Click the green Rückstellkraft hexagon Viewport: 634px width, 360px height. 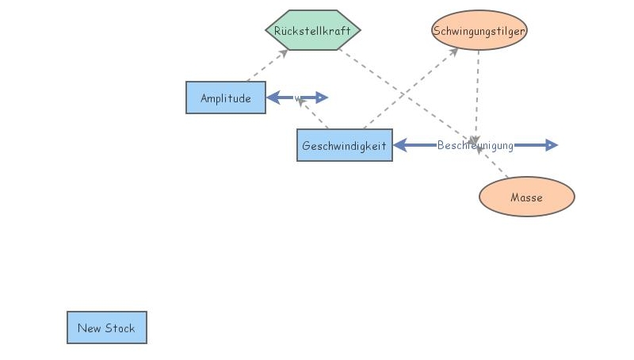click(313, 30)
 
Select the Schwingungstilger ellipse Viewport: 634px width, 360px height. click(479, 31)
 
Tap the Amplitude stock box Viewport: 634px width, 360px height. click(226, 98)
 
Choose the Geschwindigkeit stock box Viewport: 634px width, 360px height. click(345, 145)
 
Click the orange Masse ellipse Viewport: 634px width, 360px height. click(526, 197)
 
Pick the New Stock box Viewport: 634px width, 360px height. click(107, 327)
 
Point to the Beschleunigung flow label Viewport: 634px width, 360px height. click(475, 145)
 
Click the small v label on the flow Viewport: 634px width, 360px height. click(297, 98)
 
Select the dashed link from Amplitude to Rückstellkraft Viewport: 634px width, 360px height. click(266, 66)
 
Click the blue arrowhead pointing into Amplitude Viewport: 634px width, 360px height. click(273, 98)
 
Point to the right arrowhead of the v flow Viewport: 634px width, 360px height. click(322, 98)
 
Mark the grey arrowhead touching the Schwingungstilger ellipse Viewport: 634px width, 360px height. click(454, 51)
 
